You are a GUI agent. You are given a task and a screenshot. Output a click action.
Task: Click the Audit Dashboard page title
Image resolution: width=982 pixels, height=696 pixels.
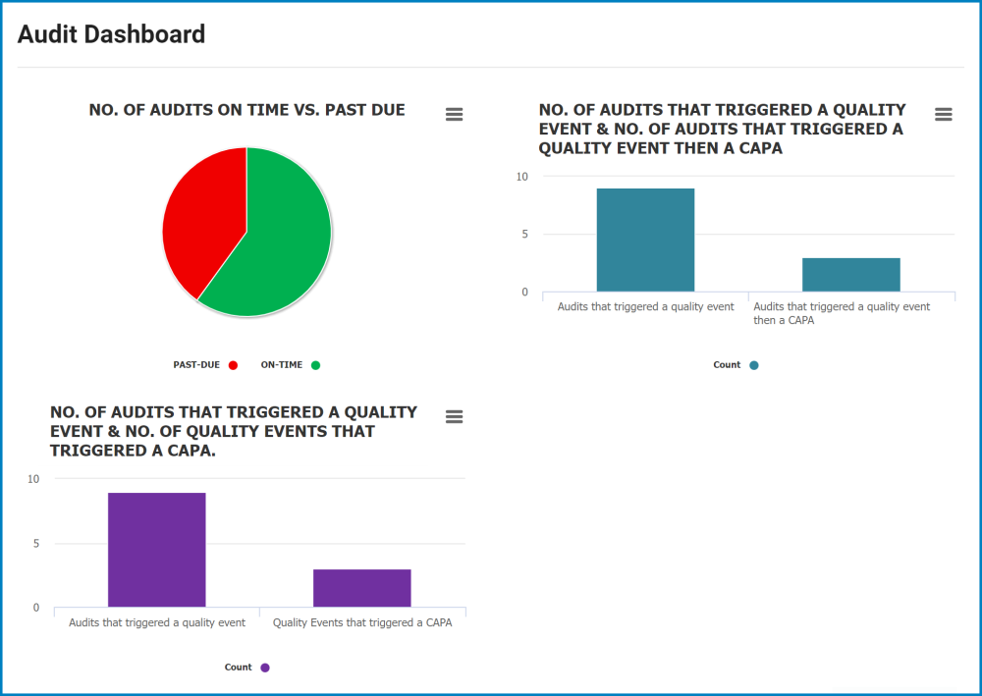(x=111, y=34)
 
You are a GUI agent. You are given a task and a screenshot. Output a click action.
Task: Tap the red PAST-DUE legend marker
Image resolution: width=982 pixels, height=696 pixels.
(x=233, y=365)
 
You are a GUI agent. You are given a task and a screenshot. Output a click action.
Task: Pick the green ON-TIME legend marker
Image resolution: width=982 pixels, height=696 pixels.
(x=315, y=365)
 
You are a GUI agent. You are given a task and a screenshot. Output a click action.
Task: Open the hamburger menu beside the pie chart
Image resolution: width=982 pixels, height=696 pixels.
(x=454, y=114)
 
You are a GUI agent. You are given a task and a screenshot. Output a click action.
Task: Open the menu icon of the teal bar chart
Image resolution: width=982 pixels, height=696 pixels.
(x=943, y=114)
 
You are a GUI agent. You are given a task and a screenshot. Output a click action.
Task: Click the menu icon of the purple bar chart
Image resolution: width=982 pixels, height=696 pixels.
(x=454, y=416)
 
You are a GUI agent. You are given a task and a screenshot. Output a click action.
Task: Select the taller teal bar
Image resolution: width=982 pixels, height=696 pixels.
(x=645, y=240)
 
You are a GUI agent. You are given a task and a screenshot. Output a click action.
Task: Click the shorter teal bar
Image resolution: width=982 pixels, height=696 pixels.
(x=850, y=275)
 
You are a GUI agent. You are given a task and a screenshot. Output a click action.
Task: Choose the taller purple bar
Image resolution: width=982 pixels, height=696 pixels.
(x=156, y=550)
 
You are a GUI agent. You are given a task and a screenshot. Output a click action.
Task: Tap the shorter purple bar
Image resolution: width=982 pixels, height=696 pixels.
(x=361, y=588)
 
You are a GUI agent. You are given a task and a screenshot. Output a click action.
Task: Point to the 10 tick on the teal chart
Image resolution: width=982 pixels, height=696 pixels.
(x=521, y=177)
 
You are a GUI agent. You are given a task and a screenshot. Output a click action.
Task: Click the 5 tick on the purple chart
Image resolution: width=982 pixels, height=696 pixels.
(x=35, y=544)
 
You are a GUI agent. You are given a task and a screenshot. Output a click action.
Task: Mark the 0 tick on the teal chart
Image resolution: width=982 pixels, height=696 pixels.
(x=523, y=292)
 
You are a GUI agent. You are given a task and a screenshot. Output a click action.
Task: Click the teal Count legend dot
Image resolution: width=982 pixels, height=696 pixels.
(x=754, y=365)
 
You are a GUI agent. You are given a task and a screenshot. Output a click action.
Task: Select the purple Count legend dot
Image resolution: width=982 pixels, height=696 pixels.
(x=264, y=668)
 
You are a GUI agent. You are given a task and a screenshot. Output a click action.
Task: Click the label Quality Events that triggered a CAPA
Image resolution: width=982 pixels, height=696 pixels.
(x=361, y=622)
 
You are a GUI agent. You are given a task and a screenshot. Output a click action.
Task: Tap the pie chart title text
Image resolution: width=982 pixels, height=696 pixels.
(x=246, y=110)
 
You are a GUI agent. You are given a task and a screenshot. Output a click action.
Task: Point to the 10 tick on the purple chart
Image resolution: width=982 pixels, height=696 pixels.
(x=33, y=479)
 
